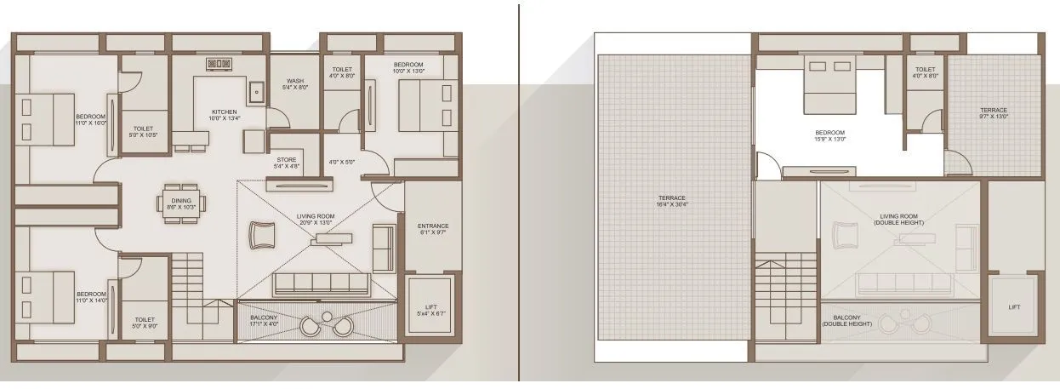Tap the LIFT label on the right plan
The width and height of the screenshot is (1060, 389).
tap(1013, 307)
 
